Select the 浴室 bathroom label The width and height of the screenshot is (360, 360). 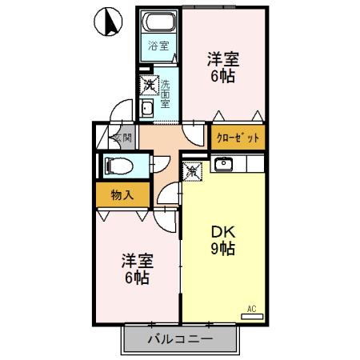157,46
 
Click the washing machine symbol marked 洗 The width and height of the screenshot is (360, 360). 149,83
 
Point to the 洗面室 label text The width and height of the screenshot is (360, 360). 165,94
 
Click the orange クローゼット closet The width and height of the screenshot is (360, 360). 238,138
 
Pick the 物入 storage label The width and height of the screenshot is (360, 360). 122,194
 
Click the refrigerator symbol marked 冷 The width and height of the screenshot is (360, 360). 193,170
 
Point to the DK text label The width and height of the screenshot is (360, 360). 222,232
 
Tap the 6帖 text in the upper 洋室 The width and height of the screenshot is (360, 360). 224,77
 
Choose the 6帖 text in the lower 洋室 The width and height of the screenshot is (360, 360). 136,278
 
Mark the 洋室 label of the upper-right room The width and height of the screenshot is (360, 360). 224,59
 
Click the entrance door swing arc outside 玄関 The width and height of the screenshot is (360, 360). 122,110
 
